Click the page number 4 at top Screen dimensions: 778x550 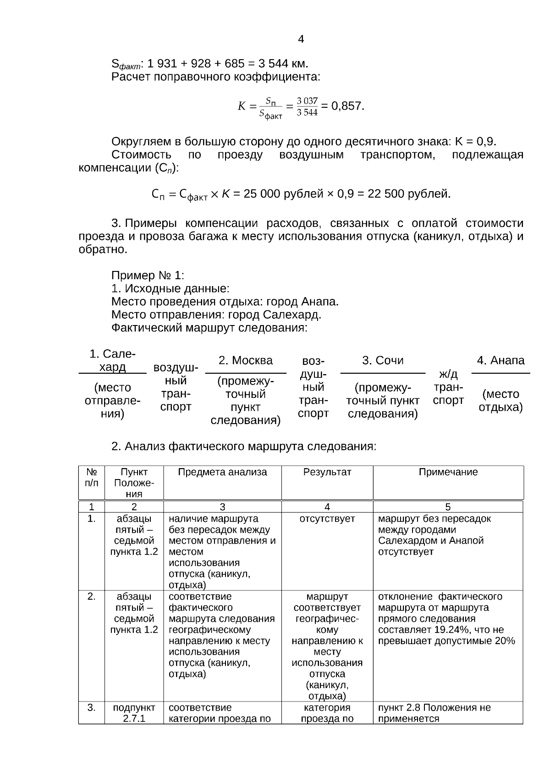tap(301, 39)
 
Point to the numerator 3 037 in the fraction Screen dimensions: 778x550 tap(307, 101)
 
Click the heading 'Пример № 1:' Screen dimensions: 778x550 tap(148, 276)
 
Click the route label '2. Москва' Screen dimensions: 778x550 tap(246, 360)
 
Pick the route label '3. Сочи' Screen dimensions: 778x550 tap(383, 360)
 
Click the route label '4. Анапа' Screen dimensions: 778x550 tap(500, 360)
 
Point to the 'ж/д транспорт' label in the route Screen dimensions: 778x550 tap(448, 387)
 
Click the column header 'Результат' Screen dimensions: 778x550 tap(327, 472)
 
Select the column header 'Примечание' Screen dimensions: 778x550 tap(448, 472)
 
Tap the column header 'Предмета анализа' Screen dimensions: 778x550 tap(222, 472)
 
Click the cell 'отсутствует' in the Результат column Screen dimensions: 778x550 tap(327, 519)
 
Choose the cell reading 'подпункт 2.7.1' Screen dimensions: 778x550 tap(134, 713)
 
